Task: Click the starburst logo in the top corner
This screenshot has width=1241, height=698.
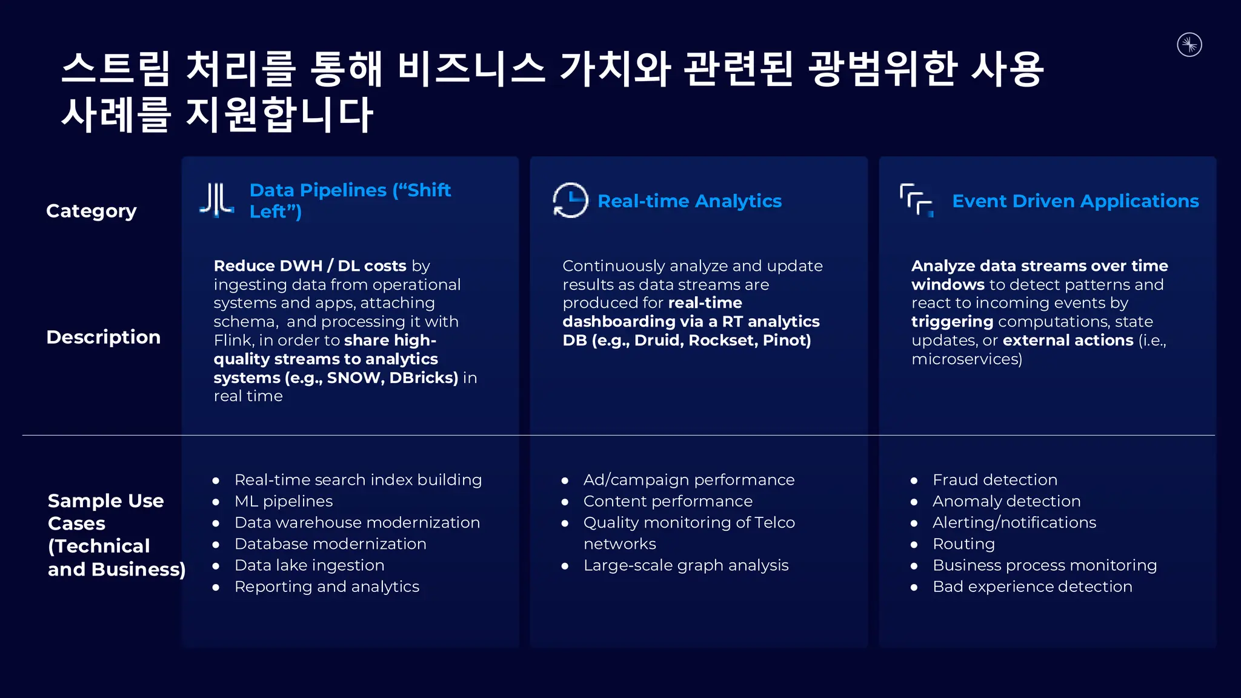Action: pyautogui.click(x=1189, y=45)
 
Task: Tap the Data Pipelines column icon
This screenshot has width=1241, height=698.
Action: pyautogui.click(x=217, y=200)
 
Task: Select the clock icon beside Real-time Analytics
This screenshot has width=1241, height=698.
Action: pyautogui.click(x=570, y=200)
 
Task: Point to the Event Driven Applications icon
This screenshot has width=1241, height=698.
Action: pyautogui.click(x=916, y=200)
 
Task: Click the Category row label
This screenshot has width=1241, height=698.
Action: pyautogui.click(x=91, y=211)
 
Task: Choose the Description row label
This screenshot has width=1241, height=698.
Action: pyautogui.click(x=104, y=337)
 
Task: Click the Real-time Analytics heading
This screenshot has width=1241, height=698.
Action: pyautogui.click(x=690, y=201)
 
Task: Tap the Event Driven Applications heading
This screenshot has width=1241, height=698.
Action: pyautogui.click(x=1075, y=201)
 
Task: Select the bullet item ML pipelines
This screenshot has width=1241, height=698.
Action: pyautogui.click(x=284, y=501)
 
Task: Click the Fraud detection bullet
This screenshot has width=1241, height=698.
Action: pyautogui.click(x=994, y=480)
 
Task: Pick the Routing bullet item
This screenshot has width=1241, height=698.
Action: pyautogui.click(x=963, y=544)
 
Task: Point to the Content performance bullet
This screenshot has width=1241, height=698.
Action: pyautogui.click(x=668, y=501)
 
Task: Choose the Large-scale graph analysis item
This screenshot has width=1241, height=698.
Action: pyautogui.click(x=686, y=565)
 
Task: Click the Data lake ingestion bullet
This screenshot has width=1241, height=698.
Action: pyautogui.click(x=309, y=565)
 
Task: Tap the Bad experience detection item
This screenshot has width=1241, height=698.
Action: pyautogui.click(x=1032, y=587)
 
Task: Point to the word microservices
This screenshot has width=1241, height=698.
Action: pyautogui.click(x=967, y=359)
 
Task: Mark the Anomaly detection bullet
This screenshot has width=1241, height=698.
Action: pyautogui.click(x=1006, y=501)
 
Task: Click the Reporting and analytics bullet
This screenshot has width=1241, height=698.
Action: pyautogui.click(x=327, y=587)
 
